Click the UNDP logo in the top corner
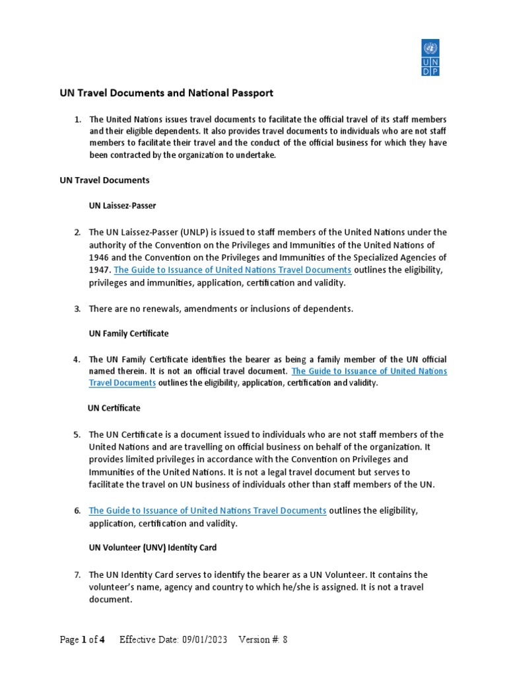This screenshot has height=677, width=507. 430,58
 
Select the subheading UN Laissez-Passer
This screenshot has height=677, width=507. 123,206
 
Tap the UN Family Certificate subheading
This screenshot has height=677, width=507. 129,333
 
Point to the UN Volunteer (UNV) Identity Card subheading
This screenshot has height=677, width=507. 152,547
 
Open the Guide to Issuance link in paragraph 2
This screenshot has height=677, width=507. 232,270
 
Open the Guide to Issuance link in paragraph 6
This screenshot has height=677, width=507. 208,510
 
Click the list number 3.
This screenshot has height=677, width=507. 77,309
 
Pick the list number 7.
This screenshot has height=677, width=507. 77,575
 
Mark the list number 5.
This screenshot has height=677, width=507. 77,434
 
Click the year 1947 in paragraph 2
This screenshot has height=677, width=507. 100,270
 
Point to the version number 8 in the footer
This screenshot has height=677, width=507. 285,639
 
